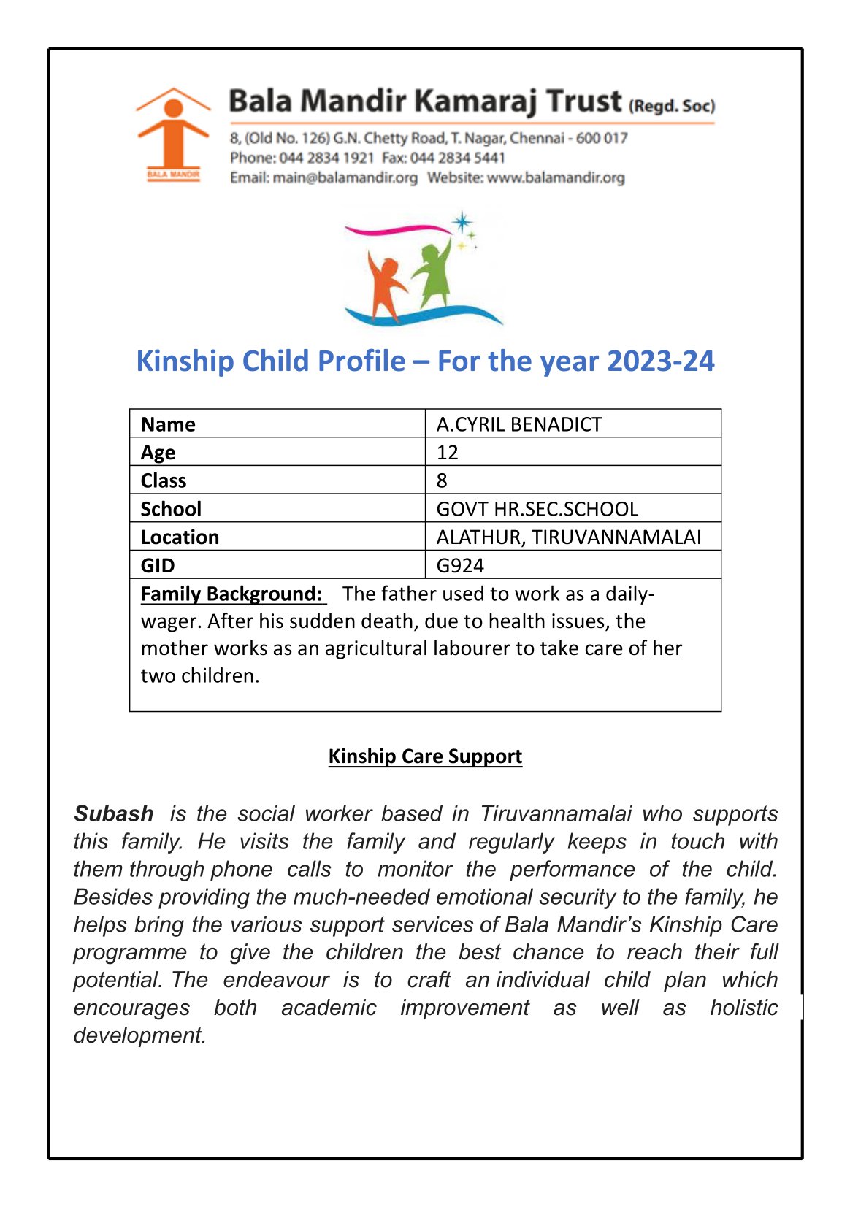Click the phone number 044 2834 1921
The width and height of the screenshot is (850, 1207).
point(326,158)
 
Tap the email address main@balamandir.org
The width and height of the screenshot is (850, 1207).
point(345,177)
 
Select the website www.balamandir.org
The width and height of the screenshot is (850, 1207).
point(556,177)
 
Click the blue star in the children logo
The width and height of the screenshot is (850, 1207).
point(462,222)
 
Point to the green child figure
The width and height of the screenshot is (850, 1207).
point(434,273)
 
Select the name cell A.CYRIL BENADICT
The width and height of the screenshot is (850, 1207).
point(519,424)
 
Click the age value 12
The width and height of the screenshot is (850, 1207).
point(448,453)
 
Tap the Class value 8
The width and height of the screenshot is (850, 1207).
point(442,480)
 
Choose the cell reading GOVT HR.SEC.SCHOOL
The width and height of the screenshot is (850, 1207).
point(537,509)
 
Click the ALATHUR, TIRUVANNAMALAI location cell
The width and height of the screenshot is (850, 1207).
point(569,537)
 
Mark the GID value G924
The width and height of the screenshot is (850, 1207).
point(460,565)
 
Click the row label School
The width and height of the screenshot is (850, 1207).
point(171,509)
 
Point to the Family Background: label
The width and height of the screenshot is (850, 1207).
point(231,594)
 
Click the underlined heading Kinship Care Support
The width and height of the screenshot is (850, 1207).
point(425,756)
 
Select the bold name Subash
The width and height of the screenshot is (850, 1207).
point(114,813)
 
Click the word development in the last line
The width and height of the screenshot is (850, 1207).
point(139,1035)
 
